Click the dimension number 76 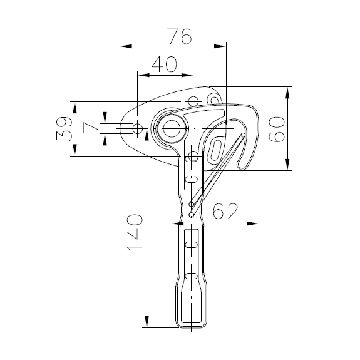(179, 36)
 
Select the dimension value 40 (165, 64)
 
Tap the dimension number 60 (277, 129)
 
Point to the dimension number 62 (225, 211)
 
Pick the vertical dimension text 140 (135, 232)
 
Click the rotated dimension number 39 (64, 128)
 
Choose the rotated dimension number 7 (91, 128)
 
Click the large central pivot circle (172, 128)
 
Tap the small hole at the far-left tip (138, 128)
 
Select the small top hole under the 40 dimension (193, 101)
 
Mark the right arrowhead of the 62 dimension (253, 224)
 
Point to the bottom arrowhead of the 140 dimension (147, 321)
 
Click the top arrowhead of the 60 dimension (287, 93)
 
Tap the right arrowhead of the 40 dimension (187, 75)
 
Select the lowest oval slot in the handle (192, 275)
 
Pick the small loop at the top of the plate (214, 99)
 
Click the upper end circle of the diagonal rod (242, 136)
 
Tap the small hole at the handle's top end (193, 157)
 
